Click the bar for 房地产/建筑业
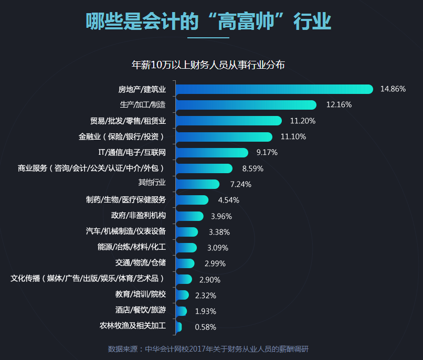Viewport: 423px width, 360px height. (274, 89)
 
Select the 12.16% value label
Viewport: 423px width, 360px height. (339, 105)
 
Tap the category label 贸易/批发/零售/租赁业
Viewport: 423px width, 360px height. (128, 121)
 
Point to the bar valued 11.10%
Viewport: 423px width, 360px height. (224, 136)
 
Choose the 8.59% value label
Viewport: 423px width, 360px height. (252, 168)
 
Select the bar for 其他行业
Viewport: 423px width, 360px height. (197, 184)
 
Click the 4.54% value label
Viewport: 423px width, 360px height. (228, 200)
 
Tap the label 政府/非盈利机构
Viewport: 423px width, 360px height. (138, 216)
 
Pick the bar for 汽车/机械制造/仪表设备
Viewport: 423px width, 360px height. (187, 232)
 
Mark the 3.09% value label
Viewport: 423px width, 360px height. (217, 248)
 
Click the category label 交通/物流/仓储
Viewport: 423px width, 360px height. (140, 263)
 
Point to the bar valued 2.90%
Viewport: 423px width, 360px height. (184, 279)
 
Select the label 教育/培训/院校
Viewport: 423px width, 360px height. (140, 295)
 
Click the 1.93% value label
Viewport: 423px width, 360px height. (205, 311)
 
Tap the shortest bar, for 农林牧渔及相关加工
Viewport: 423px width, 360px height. (178, 327)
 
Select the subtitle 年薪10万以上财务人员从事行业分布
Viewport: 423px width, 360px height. (208, 65)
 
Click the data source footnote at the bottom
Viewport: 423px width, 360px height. (211, 349)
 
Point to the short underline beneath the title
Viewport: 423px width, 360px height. (208, 38)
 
